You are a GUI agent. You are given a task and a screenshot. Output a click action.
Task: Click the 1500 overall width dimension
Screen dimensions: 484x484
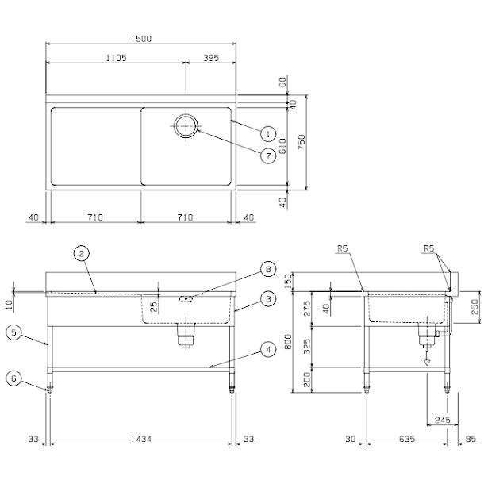pyautogui.click(x=143, y=38)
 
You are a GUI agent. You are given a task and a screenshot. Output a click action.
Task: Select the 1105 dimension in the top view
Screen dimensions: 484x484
pyautogui.click(x=116, y=58)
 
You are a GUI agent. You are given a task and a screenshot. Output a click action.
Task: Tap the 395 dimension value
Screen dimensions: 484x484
pyautogui.click(x=212, y=58)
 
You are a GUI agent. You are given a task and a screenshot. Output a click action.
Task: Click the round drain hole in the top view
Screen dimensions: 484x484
pyautogui.click(x=186, y=125)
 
